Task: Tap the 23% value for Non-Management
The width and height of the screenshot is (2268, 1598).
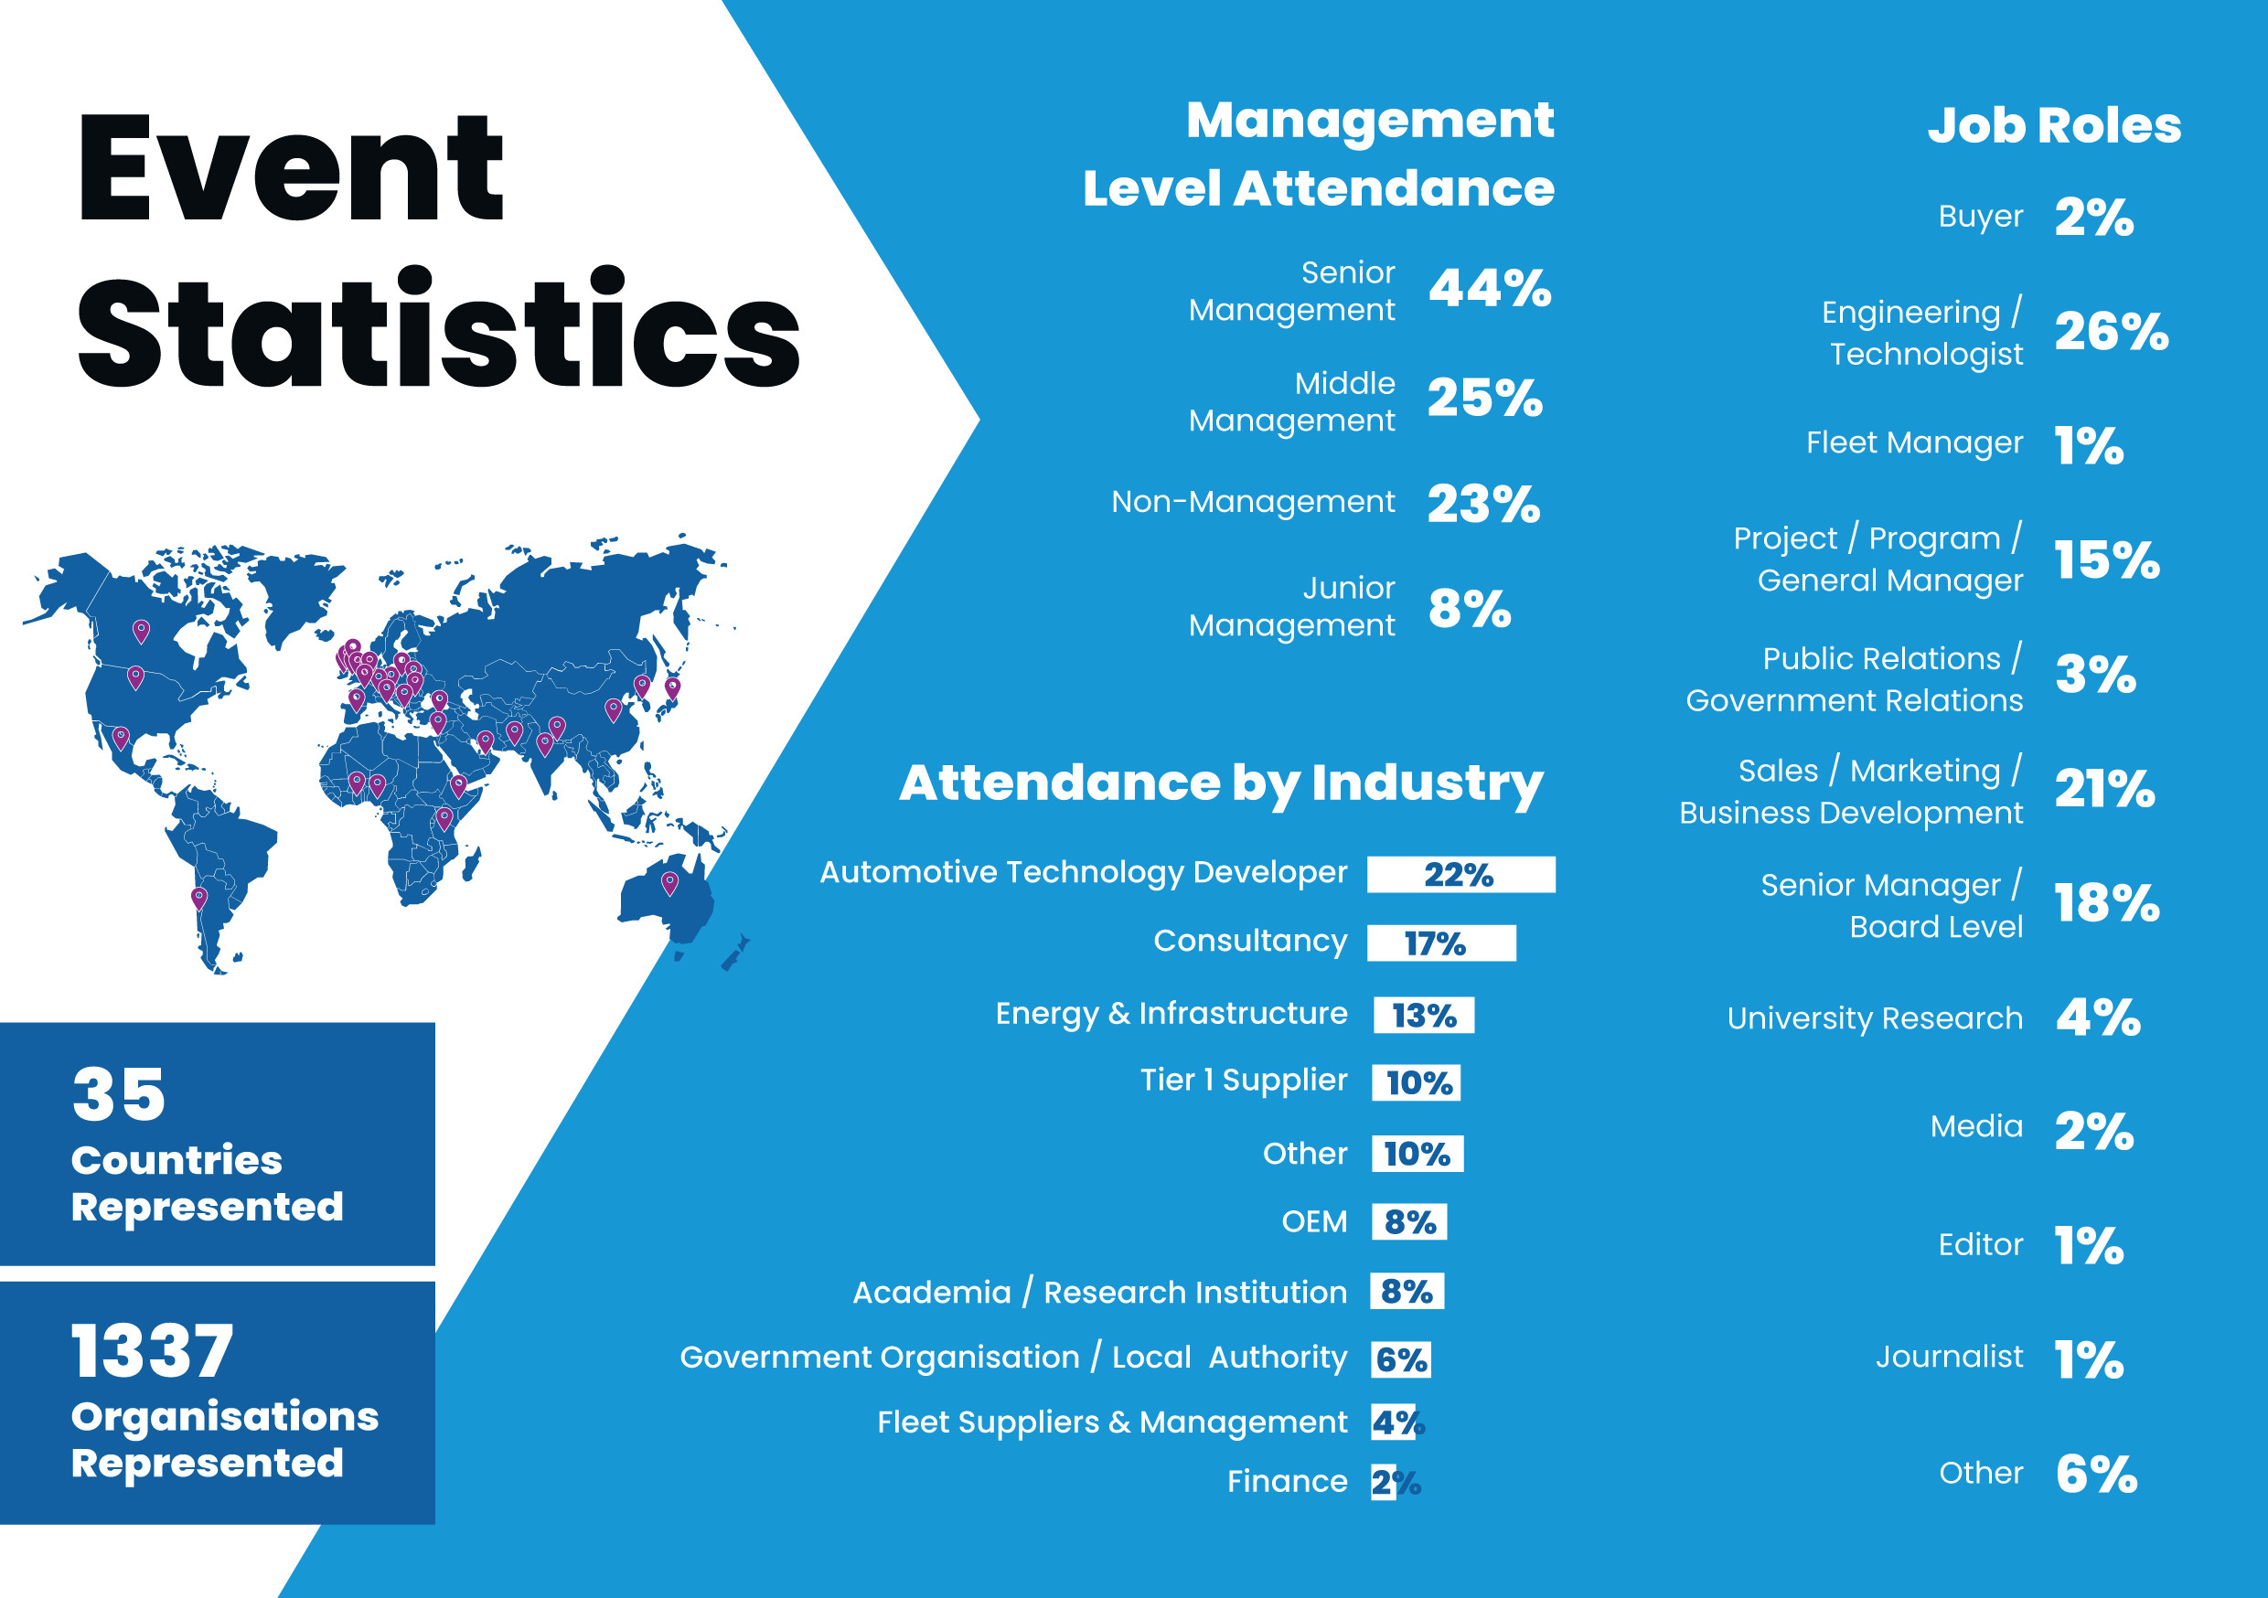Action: click(x=1483, y=504)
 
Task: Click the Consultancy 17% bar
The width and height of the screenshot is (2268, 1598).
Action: click(x=1440, y=943)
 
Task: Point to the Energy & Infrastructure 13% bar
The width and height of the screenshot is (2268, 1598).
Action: click(x=1423, y=1016)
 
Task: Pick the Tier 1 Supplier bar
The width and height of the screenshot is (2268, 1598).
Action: click(x=1417, y=1082)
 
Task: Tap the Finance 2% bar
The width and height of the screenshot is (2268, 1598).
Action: click(x=1383, y=1483)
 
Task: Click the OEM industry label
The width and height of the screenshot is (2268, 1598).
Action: click(x=1314, y=1221)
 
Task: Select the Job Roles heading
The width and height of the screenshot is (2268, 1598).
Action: click(x=2054, y=125)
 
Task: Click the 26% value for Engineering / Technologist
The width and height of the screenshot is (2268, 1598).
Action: click(x=2111, y=332)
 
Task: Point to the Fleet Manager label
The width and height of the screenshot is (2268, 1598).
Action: click(x=1913, y=442)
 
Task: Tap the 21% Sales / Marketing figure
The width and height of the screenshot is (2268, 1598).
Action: click(x=2104, y=789)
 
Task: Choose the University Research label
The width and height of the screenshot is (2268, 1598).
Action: click(x=1874, y=1018)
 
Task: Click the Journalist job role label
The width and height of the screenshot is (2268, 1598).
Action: click(x=1948, y=1357)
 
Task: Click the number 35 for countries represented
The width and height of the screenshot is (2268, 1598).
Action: click(x=119, y=1094)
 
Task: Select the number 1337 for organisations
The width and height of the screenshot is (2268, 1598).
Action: click(x=152, y=1351)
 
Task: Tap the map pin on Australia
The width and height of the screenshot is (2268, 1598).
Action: click(x=669, y=882)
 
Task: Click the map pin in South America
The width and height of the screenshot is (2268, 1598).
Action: click(x=198, y=898)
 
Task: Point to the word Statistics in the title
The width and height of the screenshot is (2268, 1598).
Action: click(x=438, y=329)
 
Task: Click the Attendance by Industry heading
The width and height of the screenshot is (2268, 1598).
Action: click(x=1220, y=783)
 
